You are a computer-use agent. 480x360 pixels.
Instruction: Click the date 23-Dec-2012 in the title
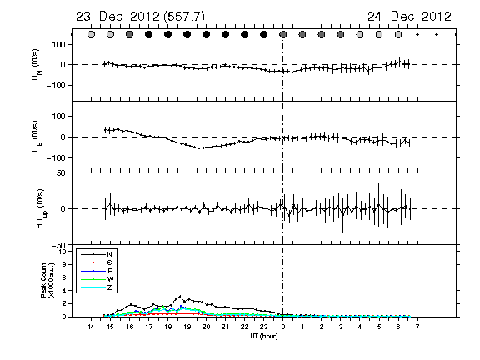[x=117, y=17]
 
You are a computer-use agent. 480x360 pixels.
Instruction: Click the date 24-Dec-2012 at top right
[x=409, y=17]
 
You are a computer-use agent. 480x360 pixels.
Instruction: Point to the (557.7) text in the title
[x=184, y=17]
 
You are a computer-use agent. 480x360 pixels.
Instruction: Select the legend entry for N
[x=97, y=254]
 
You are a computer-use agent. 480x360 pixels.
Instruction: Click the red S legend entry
[x=97, y=262]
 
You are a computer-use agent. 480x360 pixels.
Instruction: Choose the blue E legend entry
[x=97, y=271]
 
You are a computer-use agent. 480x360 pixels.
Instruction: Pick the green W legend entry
[x=97, y=279]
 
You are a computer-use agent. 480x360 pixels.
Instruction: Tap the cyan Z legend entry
[x=97, y=287]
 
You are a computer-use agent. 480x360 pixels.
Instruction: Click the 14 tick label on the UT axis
[x=91, y=327]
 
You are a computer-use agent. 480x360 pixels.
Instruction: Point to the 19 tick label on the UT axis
[x=187, y=327]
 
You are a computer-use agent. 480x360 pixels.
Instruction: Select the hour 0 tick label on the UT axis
[x=283, y=327]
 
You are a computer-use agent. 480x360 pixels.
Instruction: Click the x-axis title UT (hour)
[x=264, y=336]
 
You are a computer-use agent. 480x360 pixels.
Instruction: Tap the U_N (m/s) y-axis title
[x=37, y=65]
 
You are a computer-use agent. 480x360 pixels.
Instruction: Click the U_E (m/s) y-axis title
[x=37, y=137]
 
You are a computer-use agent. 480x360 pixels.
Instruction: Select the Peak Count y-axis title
[x=47, y=280]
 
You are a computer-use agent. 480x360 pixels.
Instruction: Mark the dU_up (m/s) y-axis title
[x=42, y=208]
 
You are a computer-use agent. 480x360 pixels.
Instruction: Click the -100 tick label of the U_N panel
[x=56, y=85]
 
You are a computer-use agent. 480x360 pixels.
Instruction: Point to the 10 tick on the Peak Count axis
[x=62, y=252]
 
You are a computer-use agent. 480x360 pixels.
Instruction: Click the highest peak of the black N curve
[x=180, y=296]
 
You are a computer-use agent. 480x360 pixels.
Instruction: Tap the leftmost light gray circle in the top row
[x=91, y=35]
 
